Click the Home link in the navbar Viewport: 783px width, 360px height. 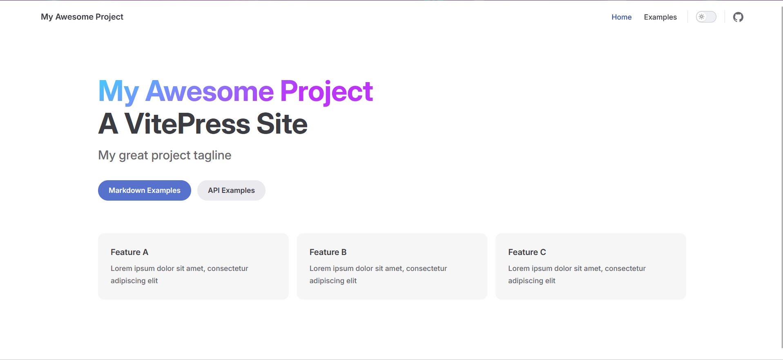[x=621, y=17]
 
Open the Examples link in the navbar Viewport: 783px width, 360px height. [x=660, y=17]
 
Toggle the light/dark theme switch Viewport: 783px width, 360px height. [x=706, y=17]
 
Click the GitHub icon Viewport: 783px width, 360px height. [x=738, y=17]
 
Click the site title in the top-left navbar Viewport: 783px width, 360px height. [x=82, y=17]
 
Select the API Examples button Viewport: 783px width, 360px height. [x=231, y=190]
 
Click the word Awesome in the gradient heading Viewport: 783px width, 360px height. [x=210, y=91]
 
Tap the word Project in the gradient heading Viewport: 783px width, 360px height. [x=326, y=92]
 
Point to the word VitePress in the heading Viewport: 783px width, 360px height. [x=187, y=124]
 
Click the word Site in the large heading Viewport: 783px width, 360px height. [x=282, y=124]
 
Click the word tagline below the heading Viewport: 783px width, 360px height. [x=212, y=156]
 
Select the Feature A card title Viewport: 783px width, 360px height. [x=129, y=252]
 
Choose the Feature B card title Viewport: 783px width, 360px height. [x=328, y=252]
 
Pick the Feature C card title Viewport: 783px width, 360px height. [x=527, y=252]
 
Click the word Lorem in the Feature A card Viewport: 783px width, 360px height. [x=121, y=268]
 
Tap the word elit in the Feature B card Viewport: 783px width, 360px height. [x=352, y=281]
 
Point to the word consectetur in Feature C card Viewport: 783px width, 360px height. [x=625, y=268]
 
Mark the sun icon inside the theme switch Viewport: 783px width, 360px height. [x=702, y=17]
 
